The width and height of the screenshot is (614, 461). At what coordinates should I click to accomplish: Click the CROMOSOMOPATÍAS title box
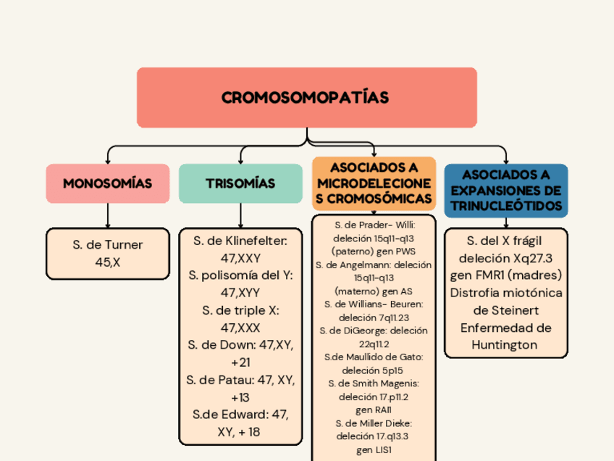click(306, 97)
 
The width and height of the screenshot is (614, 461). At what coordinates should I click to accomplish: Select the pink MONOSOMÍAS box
click(107, 183)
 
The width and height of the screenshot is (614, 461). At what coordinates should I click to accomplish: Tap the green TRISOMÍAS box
click(240, 183)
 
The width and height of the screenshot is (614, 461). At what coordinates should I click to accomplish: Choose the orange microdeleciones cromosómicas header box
click(374, 183)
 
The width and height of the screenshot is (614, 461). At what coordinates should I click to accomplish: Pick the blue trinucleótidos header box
click(506, 190)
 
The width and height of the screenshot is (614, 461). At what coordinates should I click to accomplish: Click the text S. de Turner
click(107, 244)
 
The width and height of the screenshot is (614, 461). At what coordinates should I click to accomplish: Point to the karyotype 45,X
click(107, 262)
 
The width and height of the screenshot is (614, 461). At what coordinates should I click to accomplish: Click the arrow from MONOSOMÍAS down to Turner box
click(107, 215)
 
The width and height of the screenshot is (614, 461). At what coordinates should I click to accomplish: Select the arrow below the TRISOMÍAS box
click(240, 215)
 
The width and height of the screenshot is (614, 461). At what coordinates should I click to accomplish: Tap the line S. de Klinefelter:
click(240, 240)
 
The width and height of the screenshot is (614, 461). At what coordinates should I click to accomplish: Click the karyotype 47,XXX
click(240, 327)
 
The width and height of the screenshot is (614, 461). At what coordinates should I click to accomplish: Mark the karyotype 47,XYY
click(240, 292)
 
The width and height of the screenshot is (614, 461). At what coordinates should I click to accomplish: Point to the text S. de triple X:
click(240, 310)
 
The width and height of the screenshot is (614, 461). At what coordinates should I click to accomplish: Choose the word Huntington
click(506, 345)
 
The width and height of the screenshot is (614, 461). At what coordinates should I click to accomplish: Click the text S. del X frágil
click(506, 240)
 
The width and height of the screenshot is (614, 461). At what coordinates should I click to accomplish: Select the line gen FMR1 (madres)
click(506, 275)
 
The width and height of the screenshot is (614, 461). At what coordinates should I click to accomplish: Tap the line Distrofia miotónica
click(506, 292)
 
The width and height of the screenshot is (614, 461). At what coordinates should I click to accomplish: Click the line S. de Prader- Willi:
click(374, 225)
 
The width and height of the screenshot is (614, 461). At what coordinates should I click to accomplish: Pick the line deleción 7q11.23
click(374, 317)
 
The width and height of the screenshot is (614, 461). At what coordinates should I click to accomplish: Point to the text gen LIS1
click(374, 450)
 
